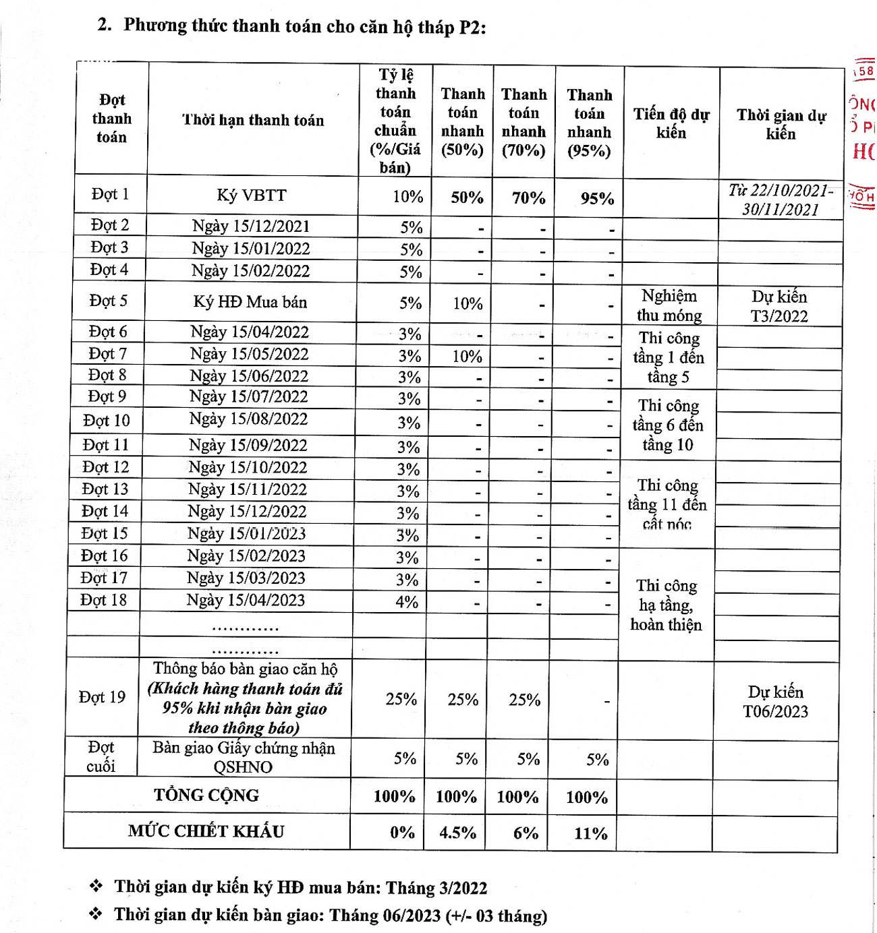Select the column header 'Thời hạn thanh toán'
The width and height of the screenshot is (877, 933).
coord(253,120)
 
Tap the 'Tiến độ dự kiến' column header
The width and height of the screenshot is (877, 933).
coord(671,123)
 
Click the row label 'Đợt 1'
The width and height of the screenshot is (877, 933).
coord(110,194)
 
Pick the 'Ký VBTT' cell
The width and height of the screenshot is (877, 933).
coord(252,195)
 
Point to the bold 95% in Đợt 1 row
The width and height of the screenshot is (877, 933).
coord(597,199)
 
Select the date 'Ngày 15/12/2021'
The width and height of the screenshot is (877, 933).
coord(251,227)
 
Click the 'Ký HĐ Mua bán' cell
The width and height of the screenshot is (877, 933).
coord(250,302)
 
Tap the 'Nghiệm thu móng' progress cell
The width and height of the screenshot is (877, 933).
coord(669,305)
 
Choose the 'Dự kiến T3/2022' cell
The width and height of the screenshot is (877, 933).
coord(779,306)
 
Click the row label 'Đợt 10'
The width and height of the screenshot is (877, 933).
coord(107,421)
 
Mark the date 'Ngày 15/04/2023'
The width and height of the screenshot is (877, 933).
coord(246,600)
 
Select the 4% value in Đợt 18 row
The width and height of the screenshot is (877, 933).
coord(407,602)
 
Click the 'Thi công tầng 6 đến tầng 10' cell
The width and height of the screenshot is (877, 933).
coord(668,425)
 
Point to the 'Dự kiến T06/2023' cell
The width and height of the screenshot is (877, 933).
coord(775,702)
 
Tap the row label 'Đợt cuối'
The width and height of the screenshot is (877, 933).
coord(101,756)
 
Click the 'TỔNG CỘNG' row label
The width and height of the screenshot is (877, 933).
coord(206,795)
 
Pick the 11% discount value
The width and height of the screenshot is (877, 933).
coord(590,834)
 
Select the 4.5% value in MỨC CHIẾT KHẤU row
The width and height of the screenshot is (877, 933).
coord(457,833)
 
